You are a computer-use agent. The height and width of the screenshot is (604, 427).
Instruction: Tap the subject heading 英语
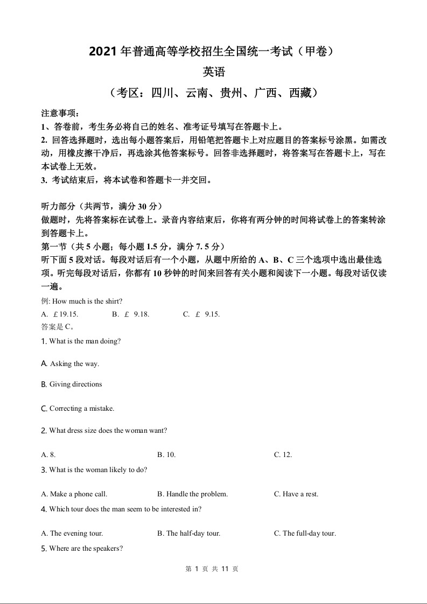pos(214,72)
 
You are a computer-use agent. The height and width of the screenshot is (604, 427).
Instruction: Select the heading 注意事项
pos(60,114)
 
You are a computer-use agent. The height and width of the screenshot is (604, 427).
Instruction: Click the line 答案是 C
pos(57,327)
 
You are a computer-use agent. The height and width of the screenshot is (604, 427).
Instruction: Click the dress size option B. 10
pos(166,455)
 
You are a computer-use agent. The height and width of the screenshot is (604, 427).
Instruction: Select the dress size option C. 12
pos(283,455)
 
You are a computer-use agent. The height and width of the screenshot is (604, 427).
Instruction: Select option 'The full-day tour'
pos(305,533)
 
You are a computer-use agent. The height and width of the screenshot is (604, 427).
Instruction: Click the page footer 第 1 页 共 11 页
pos(212,569)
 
